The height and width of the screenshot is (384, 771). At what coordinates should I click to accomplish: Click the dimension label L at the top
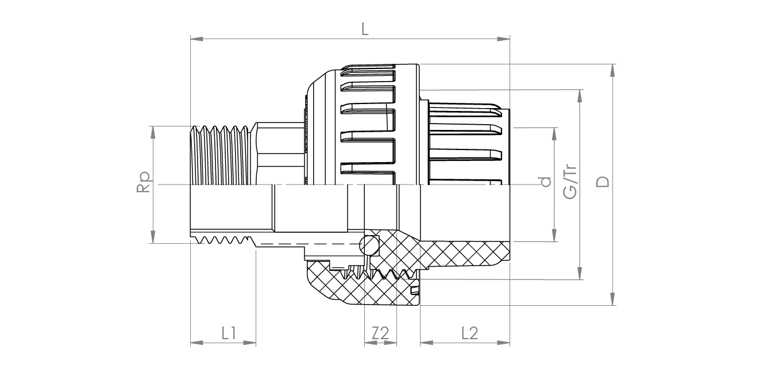coord(365,30)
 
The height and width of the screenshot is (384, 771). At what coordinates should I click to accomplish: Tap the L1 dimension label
coord(229,333)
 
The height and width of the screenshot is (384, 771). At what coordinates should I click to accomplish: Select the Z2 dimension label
coord(380,333)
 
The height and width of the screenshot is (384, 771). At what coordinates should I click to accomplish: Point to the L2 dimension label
coord(470,333)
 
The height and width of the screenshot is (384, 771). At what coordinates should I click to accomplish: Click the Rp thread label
coord(144,182)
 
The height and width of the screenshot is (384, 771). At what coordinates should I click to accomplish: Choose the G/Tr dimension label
coord(570,182)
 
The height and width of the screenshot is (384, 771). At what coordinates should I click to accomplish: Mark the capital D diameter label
coord(602,182)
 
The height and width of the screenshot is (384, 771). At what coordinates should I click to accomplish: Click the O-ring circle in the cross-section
coord(369,245)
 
